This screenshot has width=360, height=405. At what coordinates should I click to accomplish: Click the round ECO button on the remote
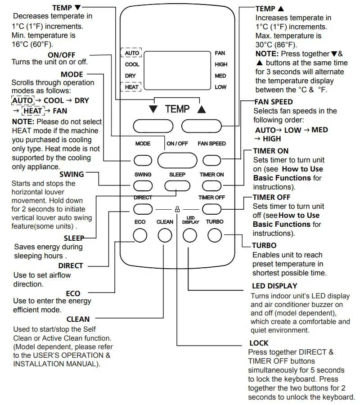(140, 235)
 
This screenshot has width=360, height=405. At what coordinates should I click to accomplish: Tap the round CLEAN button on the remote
(165, 235)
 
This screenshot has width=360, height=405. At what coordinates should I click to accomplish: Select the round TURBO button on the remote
(215, 235)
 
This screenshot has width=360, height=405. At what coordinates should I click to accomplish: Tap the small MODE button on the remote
(142, 160)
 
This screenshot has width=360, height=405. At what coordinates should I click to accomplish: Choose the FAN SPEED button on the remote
(211, 160)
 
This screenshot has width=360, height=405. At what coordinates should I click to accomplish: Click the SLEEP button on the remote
(177, 185)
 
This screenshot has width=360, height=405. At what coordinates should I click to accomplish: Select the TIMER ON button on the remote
(211, 185)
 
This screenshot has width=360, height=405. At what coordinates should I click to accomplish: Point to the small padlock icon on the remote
(177, 209)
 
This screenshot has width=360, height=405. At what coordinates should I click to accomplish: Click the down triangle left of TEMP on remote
(153, 109)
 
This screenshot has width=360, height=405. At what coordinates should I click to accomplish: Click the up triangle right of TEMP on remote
(201, 109)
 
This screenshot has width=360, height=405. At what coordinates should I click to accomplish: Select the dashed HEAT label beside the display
(131, 86)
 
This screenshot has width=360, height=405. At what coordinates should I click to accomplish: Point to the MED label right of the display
(220, 76)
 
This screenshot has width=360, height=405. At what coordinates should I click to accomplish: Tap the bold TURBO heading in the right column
(264, 246)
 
